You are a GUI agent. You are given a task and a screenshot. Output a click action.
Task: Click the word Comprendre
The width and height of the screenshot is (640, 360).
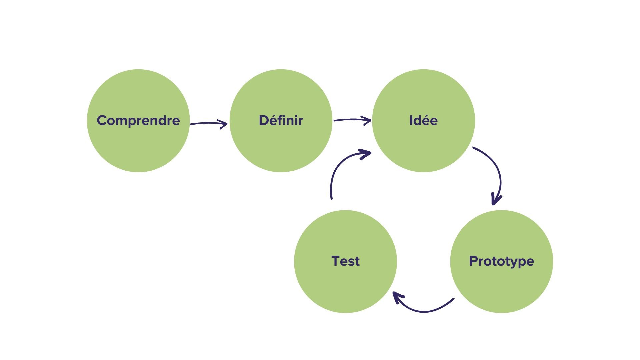tap(138, 121)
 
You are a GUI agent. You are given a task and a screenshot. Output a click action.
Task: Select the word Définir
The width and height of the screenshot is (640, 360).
tap(281, 120)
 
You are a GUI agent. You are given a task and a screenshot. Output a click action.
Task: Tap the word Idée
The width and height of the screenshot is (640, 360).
tap(423, 120)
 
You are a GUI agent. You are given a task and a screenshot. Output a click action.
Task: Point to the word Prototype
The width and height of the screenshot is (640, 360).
tap(501, 262)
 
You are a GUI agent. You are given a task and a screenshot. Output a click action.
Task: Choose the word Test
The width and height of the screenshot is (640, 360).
tap(346, 261)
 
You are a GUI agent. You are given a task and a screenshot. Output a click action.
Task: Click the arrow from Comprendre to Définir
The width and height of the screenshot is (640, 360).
tap(209, 123)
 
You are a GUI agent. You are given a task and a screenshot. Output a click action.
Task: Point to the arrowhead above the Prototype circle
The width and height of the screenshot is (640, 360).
tap(496, 199)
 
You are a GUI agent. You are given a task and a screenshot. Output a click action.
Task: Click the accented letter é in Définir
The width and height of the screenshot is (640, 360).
tap(274, 120)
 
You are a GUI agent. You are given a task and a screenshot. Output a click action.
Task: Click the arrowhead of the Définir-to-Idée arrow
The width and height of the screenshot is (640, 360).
tap(366, 120)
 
